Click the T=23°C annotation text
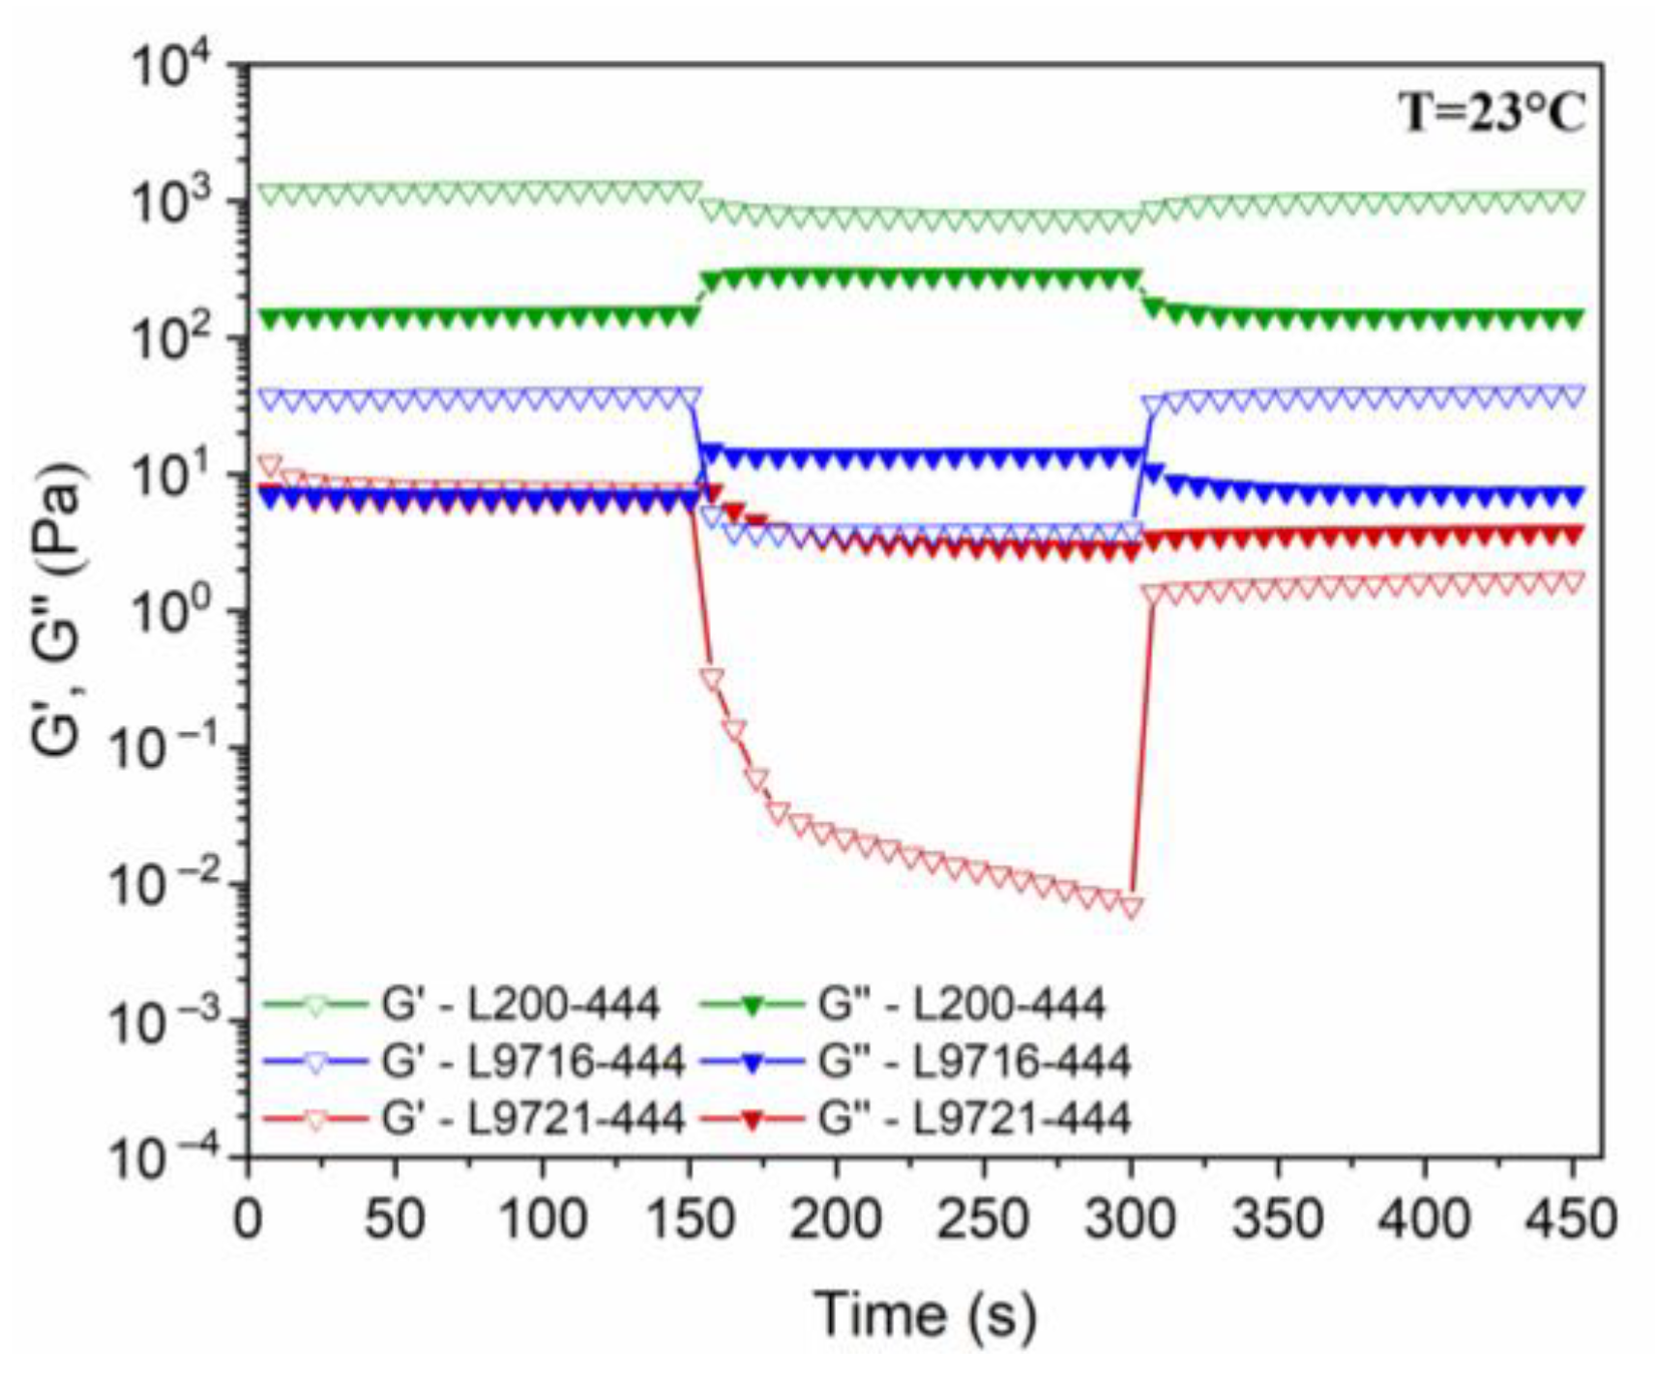click(x=1493, y=114)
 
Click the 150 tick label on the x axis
click(x=688, y=1220)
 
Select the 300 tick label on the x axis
click(x=1131, y=1220)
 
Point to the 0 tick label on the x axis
click(x=248, y=1220)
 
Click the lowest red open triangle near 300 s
click(x=1131, y=907)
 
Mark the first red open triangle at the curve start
click(x=270, y=465)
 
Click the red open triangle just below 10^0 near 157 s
click(x=712, y=679)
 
